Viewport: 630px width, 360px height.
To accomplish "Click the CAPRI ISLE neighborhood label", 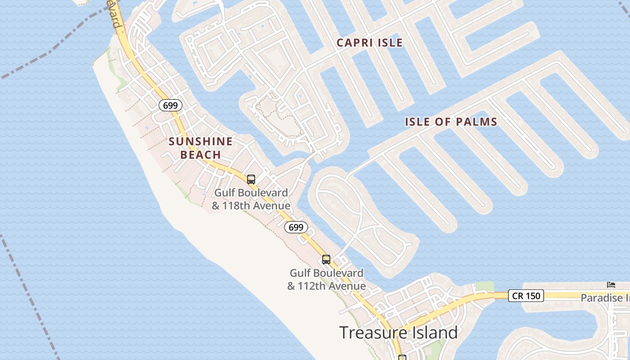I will click(369, 43).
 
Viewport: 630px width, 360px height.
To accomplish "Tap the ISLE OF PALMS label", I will click(451, 121).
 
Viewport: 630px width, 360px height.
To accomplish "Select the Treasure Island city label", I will click(398, 333).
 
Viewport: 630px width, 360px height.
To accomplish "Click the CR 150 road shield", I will click(526, 296).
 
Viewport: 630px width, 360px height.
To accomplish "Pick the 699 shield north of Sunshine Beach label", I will click(171, 106).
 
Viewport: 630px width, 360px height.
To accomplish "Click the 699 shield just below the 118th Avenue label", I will click(296, 227).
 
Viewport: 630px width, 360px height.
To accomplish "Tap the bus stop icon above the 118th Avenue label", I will click(251, 179).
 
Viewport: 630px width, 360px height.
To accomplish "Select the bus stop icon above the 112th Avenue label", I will click(326, 260).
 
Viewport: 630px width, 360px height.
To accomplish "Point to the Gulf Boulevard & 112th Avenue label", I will click(326, 279).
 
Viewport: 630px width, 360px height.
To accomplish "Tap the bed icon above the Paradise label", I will click(611, 284).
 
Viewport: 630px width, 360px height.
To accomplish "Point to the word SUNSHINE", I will click(201, 142).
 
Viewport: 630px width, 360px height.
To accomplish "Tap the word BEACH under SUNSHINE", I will click(201, 155).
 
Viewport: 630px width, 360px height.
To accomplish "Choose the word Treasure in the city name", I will click(368, 333).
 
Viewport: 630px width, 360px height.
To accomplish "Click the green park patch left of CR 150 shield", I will click(484, 287).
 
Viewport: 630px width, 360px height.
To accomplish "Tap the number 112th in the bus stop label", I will click(315, 286).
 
